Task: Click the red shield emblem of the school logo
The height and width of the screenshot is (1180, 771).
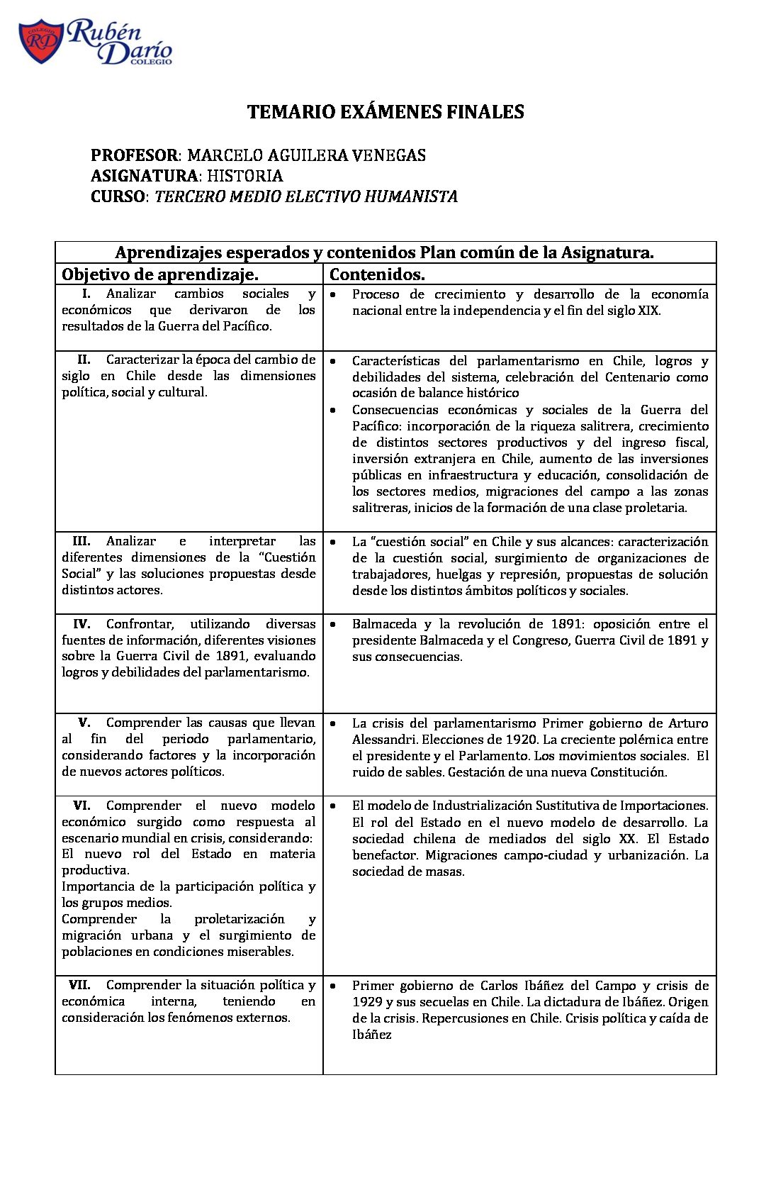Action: pyautogui.click(x=40, y=42)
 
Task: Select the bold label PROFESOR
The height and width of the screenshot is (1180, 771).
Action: pyautogui.click(x=134, y=155)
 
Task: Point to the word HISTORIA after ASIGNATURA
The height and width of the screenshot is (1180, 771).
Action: pyautogui.click(x=244, y=176)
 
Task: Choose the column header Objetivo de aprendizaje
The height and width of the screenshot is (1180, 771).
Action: pyautogui.click(x=159, y=274)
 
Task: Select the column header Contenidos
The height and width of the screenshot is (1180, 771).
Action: pyautogui.click(x=377, y=274)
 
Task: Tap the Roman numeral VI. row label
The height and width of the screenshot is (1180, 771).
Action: pyautogui.click(x=81, y=806)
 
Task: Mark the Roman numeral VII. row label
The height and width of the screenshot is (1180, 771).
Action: pyautogui.click(x=79, y=985)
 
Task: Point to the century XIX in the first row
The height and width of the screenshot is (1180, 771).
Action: pyautogui.click(x=648, y=311)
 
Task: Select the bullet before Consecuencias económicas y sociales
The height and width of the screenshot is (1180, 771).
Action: pyautogui.click(x=333, y=410)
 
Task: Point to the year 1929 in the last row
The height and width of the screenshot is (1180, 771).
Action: pyautogui.click(x=369, y=1002)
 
